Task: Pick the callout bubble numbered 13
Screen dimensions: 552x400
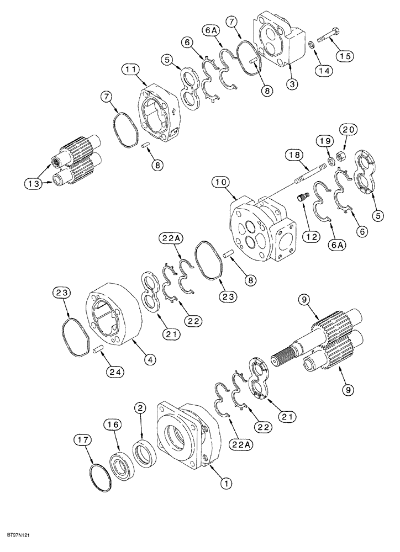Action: coord(32,183)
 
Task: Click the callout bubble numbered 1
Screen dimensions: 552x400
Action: coord(225,483)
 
